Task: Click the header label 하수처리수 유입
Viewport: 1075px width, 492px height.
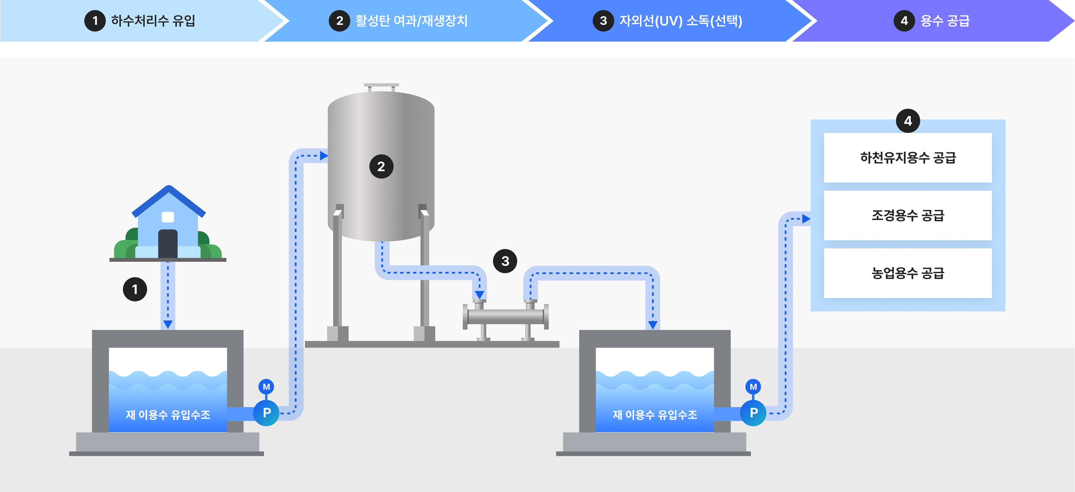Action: [x=153, y=20]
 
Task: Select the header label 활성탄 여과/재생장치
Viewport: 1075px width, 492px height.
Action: [x=411, y=20]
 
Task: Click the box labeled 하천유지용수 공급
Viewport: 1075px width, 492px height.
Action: [x=908, y=158]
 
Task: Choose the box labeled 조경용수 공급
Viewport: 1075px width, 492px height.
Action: [x=908, y=215]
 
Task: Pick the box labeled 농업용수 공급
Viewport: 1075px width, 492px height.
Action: [x=908, y=273]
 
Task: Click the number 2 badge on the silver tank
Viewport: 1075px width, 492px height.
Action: [x=381, y=166]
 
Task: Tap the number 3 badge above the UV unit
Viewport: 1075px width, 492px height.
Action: [x=505, y=261]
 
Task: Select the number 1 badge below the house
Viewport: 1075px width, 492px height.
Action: [x=135, y=289]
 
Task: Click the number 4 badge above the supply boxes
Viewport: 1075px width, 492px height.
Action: [x=908, y=121]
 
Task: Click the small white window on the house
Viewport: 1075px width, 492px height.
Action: [x=168, y=217]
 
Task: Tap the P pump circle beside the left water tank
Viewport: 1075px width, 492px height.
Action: [x=267, y=412]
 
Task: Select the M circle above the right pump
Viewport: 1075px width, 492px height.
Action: [x=753, y=387]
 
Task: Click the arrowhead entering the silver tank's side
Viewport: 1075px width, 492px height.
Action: [x=324, y=156]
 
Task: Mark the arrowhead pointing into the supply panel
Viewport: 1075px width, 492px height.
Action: [x=806, y=218]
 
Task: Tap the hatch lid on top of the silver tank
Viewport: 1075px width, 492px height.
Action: [x=381, y=86]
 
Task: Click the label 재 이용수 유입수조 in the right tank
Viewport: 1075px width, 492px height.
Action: [x=655, y=414]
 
